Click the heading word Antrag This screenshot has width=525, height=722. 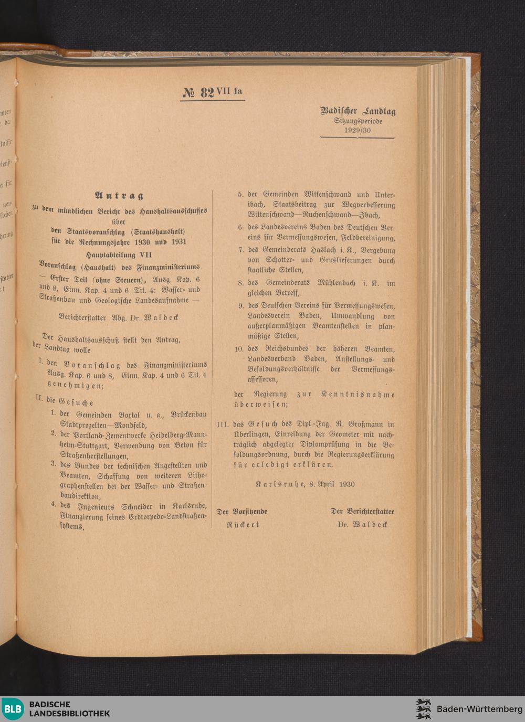pos(119,196)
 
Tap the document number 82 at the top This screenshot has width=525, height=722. pos(207,93)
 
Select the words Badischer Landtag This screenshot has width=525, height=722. pos(358,111)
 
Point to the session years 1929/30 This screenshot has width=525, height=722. pos(358,130)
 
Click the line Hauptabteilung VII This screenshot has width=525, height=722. pos(119,254)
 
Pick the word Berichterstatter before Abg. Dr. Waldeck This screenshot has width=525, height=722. pos(82,317)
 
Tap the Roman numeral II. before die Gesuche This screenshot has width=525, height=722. pos(39,398)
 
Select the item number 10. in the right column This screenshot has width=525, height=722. pos(239,349)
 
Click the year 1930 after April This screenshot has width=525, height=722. pos(346,484)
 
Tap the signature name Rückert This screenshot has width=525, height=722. pos(243,524)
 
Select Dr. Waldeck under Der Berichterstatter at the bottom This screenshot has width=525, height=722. pos(362,524)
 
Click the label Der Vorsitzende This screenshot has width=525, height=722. pos(242,511)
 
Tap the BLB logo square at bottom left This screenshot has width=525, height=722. pos(13,709)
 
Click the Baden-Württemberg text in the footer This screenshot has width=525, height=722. pos(479,709)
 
